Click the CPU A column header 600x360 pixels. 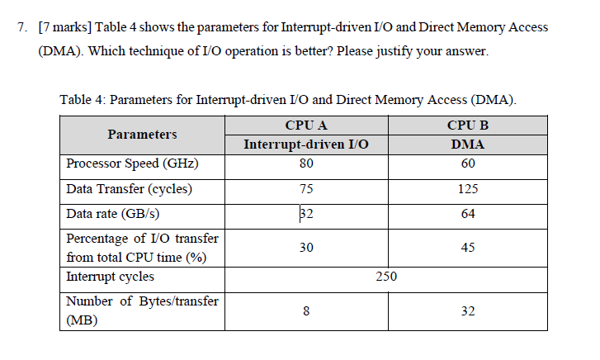point(306,126)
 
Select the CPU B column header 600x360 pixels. point(468,126)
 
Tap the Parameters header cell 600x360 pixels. point(142,134)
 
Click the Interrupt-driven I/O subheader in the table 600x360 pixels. point(306,144)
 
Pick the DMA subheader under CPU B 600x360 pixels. point(468,144)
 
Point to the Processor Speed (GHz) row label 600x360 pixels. point(132,163)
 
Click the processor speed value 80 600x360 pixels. point(306,163)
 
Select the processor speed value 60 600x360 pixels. point(468,163)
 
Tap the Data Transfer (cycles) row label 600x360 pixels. point(129,189)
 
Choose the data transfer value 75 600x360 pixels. point(306,189)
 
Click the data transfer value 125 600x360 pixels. point(468,189)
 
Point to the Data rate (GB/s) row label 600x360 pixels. point(113,214)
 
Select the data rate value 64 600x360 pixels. point(468,214)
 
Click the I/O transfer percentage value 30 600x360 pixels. point(306,247)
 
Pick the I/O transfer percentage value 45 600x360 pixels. point(468,247)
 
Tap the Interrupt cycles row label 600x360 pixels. point(110,277)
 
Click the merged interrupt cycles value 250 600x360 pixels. point(386,277)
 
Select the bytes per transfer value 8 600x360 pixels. point(306,311)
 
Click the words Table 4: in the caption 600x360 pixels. point(82,101)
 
